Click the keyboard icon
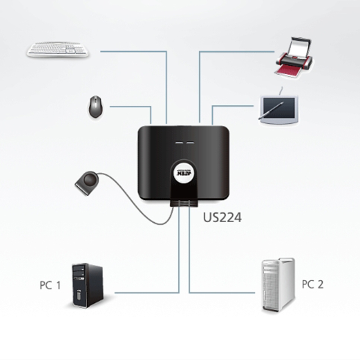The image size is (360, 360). coord(58,49)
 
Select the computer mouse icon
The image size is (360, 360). coord(95,106)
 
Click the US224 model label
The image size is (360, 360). coord(222,218)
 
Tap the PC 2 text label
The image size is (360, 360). coord(312,284)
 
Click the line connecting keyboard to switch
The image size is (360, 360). coord(135,51)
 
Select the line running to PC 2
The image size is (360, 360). coord(225,292)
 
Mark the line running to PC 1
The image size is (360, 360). coord(148,292)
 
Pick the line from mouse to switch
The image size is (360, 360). coord(130,107)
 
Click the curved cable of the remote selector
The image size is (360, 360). coord(135,211)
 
